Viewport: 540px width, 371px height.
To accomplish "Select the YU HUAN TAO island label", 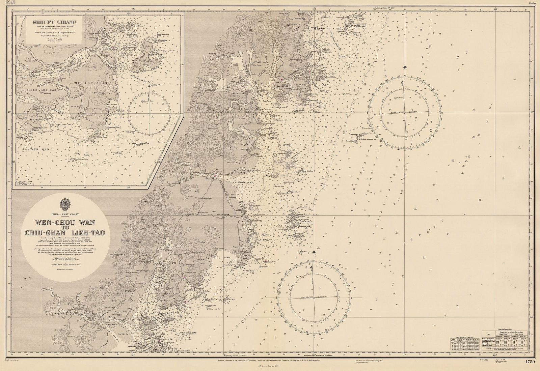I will tap(164, 294).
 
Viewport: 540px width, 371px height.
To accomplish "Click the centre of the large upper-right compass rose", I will tap(404, 112).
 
